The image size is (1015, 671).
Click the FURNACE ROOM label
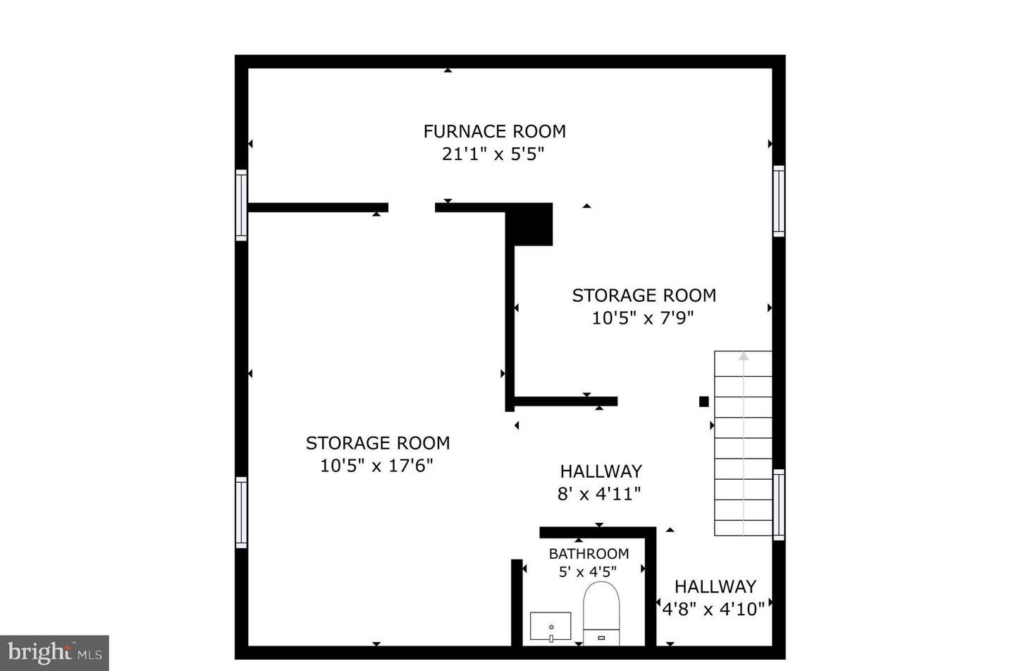coord(494,131)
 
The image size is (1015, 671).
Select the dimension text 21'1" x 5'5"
coord(493,154)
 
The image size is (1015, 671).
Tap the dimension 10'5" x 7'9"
coord(643,318)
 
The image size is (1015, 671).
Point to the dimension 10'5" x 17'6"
coord(376,466)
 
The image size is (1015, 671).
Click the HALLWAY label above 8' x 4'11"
coord(601,471)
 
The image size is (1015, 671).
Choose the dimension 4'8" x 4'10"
coord(713,609)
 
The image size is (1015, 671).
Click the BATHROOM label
coord(589,554)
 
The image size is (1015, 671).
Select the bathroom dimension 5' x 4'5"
coord(588,572)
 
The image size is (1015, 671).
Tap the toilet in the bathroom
coord(601,612)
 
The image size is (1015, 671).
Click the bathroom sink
coord(550,627)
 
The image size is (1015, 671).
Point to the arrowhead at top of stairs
coord(744,356)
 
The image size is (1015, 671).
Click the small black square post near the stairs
coord(703,401)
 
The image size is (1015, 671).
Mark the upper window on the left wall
coord(241,205)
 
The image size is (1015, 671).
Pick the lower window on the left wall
coord(241,512)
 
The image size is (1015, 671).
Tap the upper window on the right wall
coord(778,201)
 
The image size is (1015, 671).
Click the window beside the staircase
coord(778,504)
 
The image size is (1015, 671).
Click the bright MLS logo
coord(54,653)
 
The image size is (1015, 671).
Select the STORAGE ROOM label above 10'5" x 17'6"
coord(377,443)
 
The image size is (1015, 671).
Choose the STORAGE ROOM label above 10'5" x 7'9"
coord(644,296)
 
